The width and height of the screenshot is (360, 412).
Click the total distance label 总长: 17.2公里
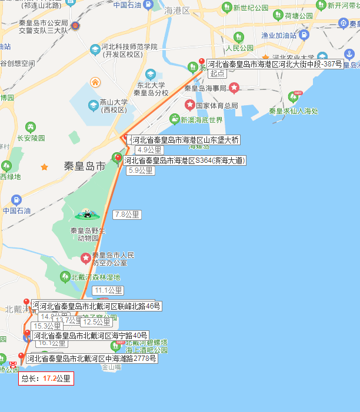click(46, 379)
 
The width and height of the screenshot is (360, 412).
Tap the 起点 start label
click(217, 73)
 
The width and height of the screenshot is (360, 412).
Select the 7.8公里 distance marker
click(128, 215)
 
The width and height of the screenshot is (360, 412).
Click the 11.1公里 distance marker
click(108, 290)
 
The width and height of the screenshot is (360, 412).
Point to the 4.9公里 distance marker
click(141, 150)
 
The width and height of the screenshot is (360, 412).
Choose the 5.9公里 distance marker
click(140, 170)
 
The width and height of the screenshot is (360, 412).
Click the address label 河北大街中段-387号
click(274, 64)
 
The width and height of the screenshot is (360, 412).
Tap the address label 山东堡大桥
click(185, 140)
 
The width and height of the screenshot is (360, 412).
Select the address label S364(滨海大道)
click(184, 160)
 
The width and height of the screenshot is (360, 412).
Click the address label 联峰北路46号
click(100, 306)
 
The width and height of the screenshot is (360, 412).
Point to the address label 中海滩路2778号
click(91, 359)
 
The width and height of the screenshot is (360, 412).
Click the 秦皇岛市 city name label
click(84, 166)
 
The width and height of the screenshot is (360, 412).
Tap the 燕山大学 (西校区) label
click(113, 105)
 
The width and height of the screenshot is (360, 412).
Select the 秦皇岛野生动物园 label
click(88, 234)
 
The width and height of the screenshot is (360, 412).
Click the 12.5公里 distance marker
click(96, 322)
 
